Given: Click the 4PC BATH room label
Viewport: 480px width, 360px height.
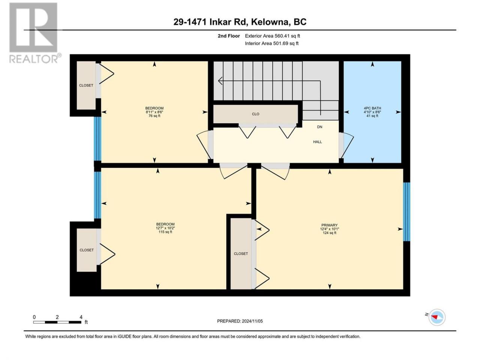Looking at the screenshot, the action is (372, 108).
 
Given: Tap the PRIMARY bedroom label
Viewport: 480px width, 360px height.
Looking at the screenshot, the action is (329, 225).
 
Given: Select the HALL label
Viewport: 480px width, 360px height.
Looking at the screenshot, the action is (317, 142).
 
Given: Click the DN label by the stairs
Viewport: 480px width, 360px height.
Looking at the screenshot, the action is (319, 127).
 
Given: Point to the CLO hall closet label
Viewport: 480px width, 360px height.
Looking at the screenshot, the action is (255, 114).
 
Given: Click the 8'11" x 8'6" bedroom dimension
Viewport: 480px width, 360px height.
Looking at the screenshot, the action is (154, 112).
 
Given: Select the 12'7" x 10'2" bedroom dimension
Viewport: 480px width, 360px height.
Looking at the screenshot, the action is (165, 228).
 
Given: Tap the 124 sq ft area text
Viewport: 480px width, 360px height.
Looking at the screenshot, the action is (329, 233).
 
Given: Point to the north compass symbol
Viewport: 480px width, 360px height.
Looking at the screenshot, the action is (437, 317).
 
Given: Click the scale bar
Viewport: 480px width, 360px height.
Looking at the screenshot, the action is (57, 322).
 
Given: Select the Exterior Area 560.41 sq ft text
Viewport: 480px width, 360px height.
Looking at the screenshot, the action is (273, 36).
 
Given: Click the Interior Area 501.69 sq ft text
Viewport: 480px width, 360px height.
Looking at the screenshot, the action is (271, 43).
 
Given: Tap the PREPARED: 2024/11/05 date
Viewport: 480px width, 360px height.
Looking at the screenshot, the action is (240, 321).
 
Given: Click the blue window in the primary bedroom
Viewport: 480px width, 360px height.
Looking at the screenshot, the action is (406, 212).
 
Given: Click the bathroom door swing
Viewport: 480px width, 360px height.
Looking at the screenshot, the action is (346, 145).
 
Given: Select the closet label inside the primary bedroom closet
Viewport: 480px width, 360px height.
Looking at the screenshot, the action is (241, 253).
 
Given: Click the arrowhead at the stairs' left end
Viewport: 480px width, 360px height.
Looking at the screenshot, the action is (220, 81).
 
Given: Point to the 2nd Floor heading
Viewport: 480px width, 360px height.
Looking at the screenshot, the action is (229, 36).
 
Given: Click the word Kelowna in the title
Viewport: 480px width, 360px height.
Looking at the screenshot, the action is (269, 22).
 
